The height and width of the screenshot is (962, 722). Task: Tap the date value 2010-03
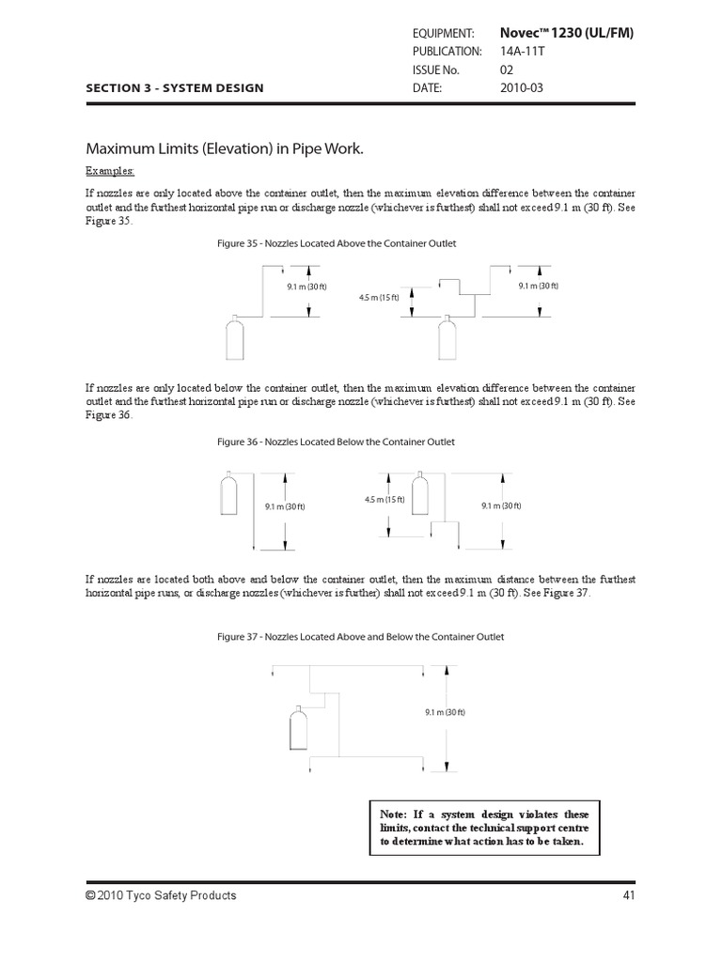[x=522, y=87]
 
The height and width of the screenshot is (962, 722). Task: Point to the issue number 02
[x=507, y=70]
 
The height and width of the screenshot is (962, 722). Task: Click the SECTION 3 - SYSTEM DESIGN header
[x=175, y=88]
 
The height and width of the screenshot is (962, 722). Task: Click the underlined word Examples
[x=110, y=171]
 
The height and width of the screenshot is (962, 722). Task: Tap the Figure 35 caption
[x=337, y=243]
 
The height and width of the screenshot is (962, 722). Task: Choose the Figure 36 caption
[x=336, y=442]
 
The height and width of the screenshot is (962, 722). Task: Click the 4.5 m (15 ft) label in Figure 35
[x=379, y=298]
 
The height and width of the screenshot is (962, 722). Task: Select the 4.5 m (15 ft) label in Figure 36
[x=385, y=500]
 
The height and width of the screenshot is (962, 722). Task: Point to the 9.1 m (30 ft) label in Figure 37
[x=446, y=712]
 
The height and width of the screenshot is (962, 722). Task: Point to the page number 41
[x=629, y=895]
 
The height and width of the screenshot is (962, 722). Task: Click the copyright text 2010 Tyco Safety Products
[x=161, y=895]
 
